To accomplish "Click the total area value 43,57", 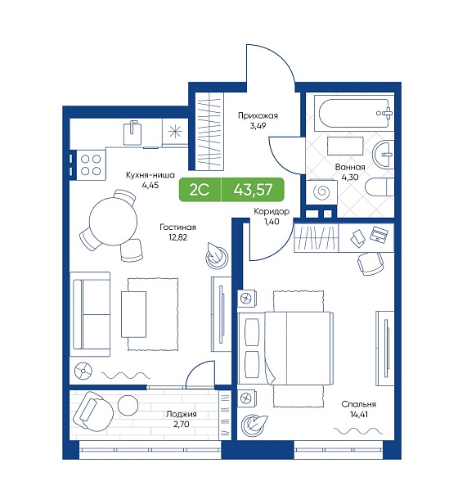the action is click(253, 190).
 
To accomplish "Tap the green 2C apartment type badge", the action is click(200, 190).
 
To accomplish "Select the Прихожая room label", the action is click(258, 115).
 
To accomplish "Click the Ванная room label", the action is click(350, 167).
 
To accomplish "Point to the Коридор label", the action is click(272, 211).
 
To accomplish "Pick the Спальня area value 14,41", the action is click(359, 414).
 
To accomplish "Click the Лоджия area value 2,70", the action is click(182, 425).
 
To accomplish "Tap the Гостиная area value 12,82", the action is click(177, 237).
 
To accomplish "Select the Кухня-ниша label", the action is click(150, 175).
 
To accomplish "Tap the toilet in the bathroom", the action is click(380, 187).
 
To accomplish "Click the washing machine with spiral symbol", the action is click(321, 192).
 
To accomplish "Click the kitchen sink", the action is click(132, 133).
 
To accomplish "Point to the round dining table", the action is click(113, 222).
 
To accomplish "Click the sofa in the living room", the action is click(90, 314).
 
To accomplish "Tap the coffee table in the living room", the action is click(133, 314).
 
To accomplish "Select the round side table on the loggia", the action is click(128, 404).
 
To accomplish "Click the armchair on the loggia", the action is click(93, 411).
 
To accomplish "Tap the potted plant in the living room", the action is click(217, 256).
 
